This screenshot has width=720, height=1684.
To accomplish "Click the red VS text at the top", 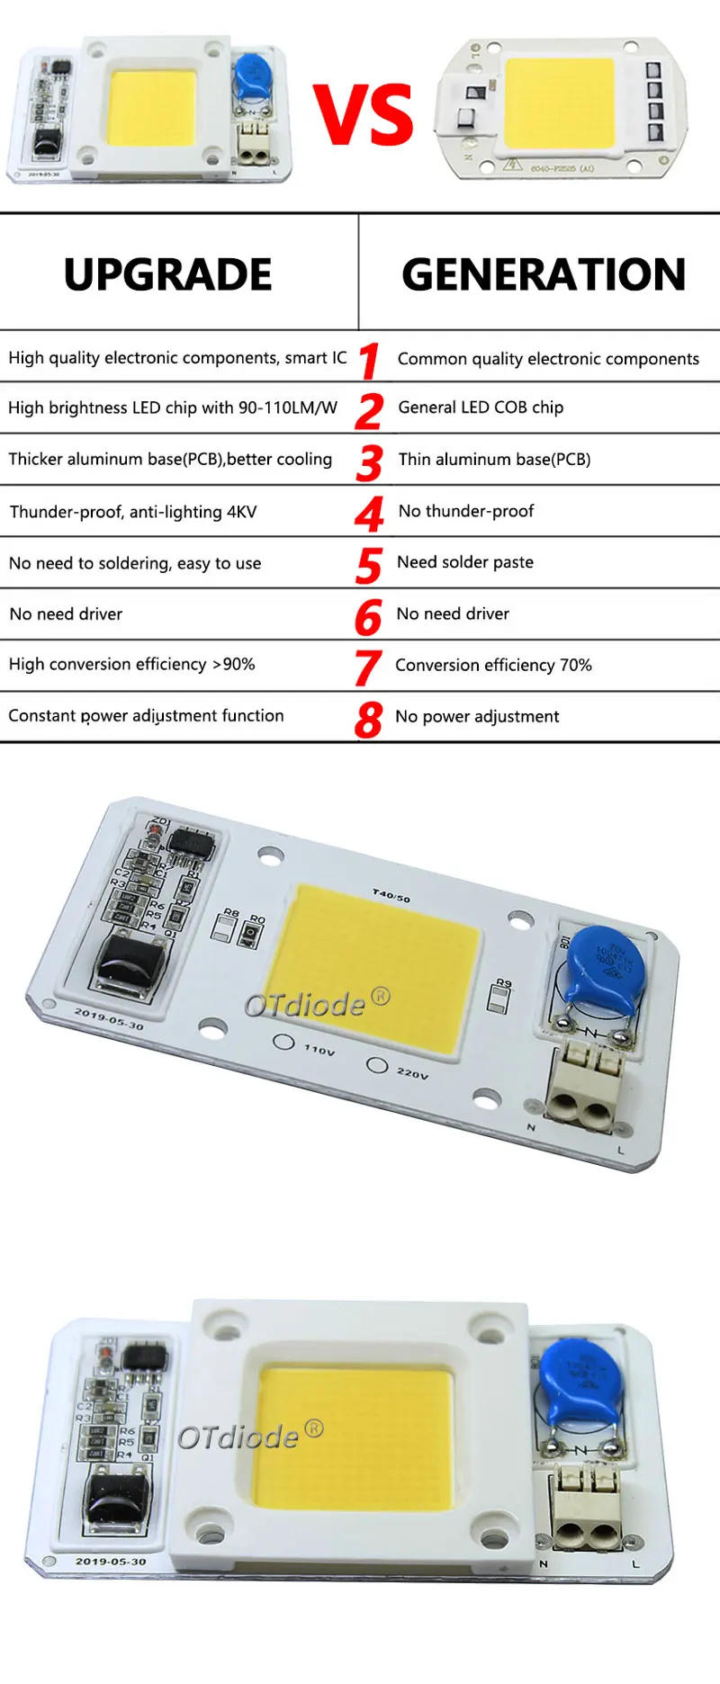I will (363, 115).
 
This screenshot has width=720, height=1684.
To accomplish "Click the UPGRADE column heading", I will (167, 274).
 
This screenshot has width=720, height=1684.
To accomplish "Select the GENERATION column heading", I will (543, 274).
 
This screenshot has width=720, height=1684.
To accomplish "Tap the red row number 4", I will (369, 513).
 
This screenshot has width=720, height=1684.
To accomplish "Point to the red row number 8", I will (368, 719).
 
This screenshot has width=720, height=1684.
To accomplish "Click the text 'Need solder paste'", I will (464, 562).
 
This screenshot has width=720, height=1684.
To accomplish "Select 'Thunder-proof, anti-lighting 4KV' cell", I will (133, 512).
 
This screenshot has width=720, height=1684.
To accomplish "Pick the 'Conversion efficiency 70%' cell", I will (493, 665).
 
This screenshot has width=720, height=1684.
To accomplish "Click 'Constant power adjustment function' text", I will (146, 716).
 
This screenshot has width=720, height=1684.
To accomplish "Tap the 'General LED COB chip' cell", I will (481, 408).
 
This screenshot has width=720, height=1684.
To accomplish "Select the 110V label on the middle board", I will (319, 1049).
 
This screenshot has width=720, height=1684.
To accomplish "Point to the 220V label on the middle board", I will (412, 1073).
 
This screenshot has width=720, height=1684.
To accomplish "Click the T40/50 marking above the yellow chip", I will (391, 895).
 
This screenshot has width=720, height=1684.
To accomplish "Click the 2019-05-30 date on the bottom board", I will (110, 1562).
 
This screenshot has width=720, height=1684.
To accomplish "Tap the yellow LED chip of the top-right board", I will (559, 103).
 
